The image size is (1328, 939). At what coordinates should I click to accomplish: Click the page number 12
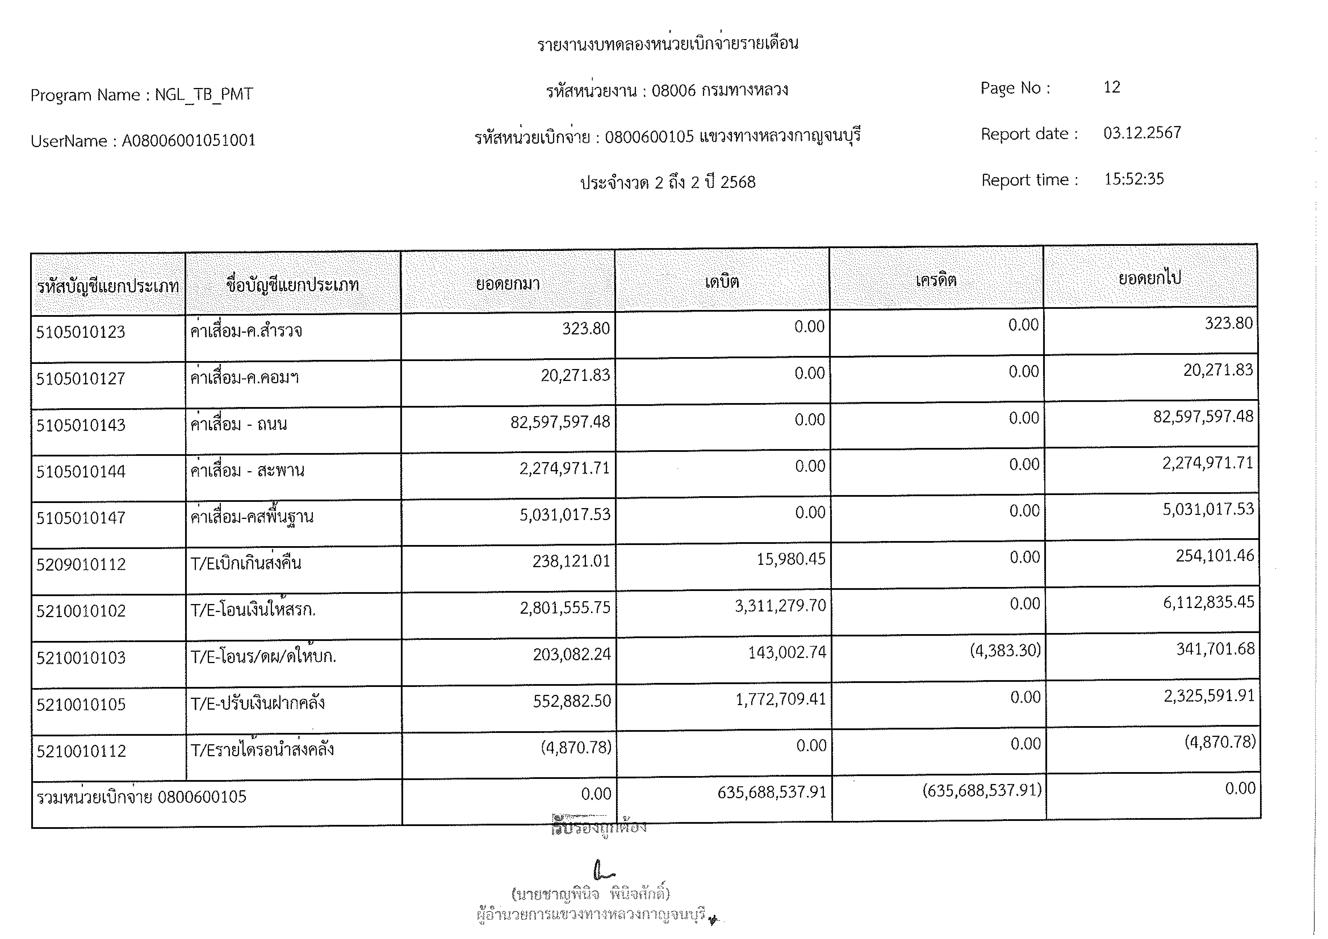pyautogui.click(x=1111, y=87)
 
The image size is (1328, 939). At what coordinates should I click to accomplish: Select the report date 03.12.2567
pyautogui.click(x=1142, y=133)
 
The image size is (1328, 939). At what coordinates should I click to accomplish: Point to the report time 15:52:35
pyautogui.click(x=1134, y=179)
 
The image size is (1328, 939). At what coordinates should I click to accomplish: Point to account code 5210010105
pyautogui.click(x=81, y=704)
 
